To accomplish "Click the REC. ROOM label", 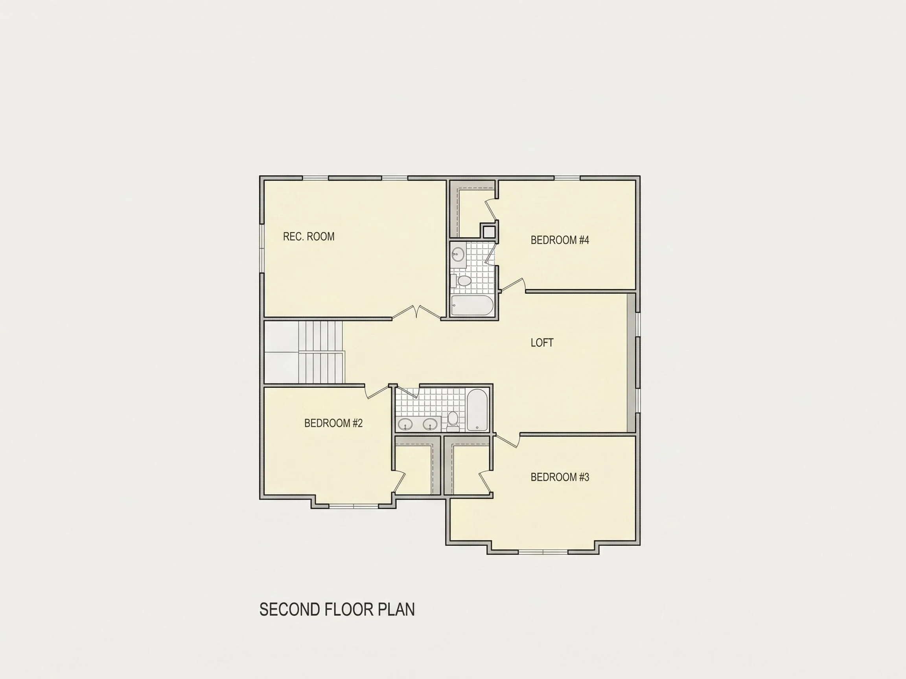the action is click(x=308, y=237).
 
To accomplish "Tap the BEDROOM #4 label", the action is click(x=560, y=240).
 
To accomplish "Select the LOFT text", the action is click(x=542, y=343).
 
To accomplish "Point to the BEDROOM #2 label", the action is click(x=333, y=423).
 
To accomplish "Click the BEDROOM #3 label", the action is click(x=560, y=477).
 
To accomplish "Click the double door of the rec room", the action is click(x=416, y=312).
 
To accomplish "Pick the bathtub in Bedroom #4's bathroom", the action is click(x=472, y=305).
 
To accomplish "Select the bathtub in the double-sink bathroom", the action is click(x=477, y=410).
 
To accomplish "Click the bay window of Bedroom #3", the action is click(x=543, y=552).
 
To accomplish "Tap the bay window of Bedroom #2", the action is click(x=354, y=506).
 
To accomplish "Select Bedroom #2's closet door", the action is click(x=400, y=482).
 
